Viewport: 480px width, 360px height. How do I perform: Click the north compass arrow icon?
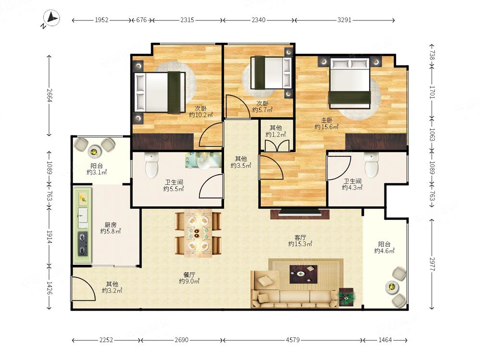[x=51, y=18]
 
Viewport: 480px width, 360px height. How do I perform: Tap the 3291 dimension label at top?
[x=344, y=20]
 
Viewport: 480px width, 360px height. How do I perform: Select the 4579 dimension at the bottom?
[x=293, y=340]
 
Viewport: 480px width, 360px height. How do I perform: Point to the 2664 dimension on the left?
[x=49, y=95]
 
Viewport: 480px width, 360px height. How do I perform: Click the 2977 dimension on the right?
[x=432, y=264]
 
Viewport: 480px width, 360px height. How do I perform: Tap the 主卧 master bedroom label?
[x=326, y=120]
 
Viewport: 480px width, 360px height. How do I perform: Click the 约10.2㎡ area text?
[x=201, y=115]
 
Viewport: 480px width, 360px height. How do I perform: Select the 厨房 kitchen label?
[x=110, y=225]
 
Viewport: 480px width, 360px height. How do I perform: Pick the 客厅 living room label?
[x=300, y=238]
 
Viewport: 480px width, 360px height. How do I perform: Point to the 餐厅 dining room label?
[x=189, y=275]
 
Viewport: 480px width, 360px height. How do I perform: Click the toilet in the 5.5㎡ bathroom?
[x=152, y=165]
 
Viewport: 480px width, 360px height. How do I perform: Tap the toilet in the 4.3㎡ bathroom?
[x=372, y=165]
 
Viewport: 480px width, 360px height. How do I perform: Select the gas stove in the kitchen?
[x=83, y=244]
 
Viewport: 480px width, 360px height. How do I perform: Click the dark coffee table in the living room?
[x=303, y=274]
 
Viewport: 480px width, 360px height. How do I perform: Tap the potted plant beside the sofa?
[x=346, y=297]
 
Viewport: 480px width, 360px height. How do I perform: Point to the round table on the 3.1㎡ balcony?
[x=94, y=151]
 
